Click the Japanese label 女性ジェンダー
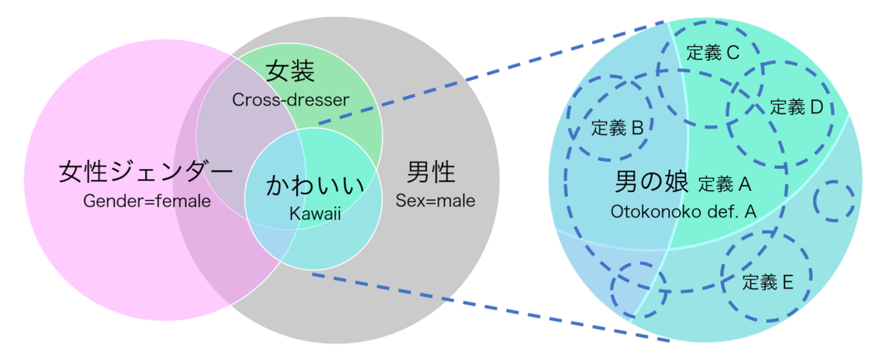pos(146,172)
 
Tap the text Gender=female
pos(147,201)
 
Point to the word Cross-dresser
pos(290,100)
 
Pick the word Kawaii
pos(314,214)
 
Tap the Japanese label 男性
pos(430,172)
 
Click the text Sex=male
pos(435,200)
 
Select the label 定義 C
pos(713,53)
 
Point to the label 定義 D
pos(796,107)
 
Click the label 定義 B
pos(617,128)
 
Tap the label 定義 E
pos(768,282)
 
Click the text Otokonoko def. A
pos(684,212)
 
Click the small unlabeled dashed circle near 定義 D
pos(834,201)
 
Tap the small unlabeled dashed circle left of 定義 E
pos(638,287)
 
